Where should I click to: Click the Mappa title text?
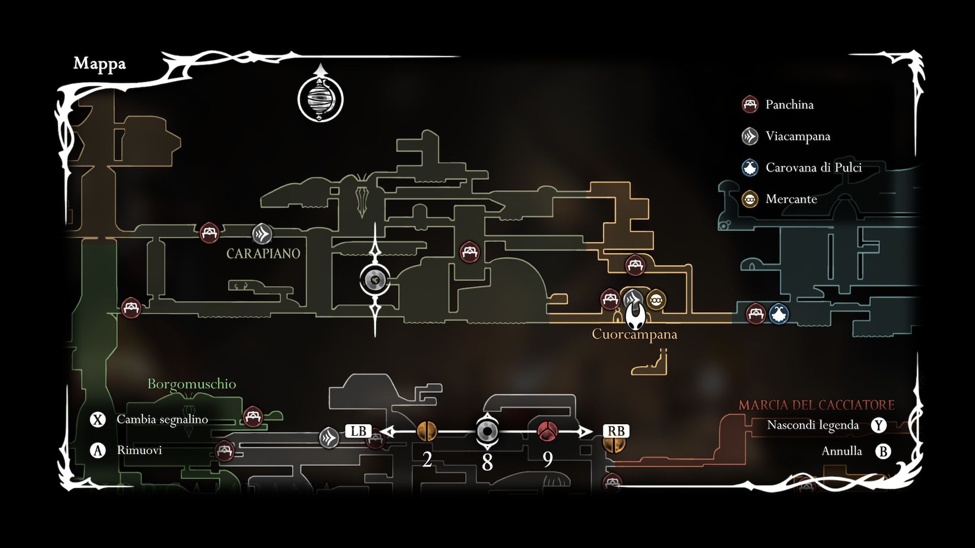point(100,63)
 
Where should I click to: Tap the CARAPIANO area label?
point(263,254)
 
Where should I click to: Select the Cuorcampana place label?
point(634,334)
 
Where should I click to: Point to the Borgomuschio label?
point(191,384)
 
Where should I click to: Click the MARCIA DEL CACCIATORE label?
point(816,405)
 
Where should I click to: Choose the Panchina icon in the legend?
point(750,105)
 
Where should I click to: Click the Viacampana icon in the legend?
point(750,136)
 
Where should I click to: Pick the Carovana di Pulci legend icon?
point(750,167)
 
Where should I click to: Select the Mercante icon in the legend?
point(750,199)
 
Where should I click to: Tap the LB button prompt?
point(359,431)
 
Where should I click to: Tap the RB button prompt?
point(616,431)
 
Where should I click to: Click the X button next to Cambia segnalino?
point(97,420)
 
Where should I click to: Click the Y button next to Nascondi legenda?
point(879,425)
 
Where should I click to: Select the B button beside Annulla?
point(883,451)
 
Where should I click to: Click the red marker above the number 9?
point(547,431)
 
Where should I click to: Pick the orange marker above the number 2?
point(427,431)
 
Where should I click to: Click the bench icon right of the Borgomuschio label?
point(252,417)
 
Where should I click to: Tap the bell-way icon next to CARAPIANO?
point(262,234)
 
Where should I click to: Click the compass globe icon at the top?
point(320,99)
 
